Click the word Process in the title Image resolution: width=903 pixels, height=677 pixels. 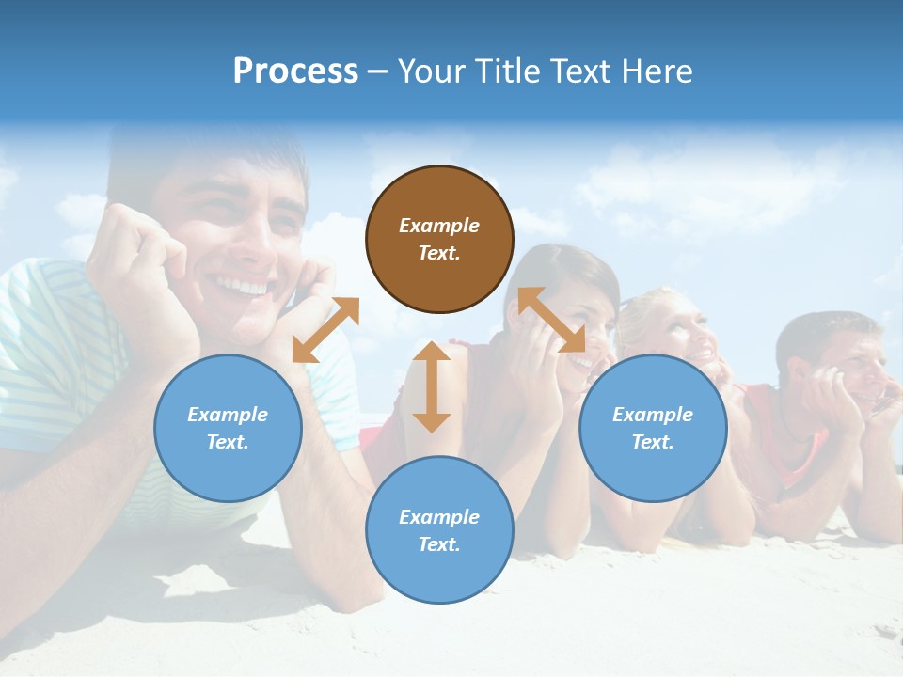pos(295,71)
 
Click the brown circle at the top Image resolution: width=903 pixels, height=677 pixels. pos(439,239)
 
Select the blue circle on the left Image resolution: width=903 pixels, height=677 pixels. pos(228,428)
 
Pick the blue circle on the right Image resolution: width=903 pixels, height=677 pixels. pos(653,428)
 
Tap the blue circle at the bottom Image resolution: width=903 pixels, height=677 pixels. pos(439,530)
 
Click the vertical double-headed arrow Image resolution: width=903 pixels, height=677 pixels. pos(432,387)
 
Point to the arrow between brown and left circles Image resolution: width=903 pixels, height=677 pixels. pos(325,330)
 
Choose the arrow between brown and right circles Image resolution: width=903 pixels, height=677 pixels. pos(551,320)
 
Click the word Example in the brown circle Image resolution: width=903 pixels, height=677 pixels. pos(439,226)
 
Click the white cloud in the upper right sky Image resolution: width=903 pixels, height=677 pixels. pos(705,188)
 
